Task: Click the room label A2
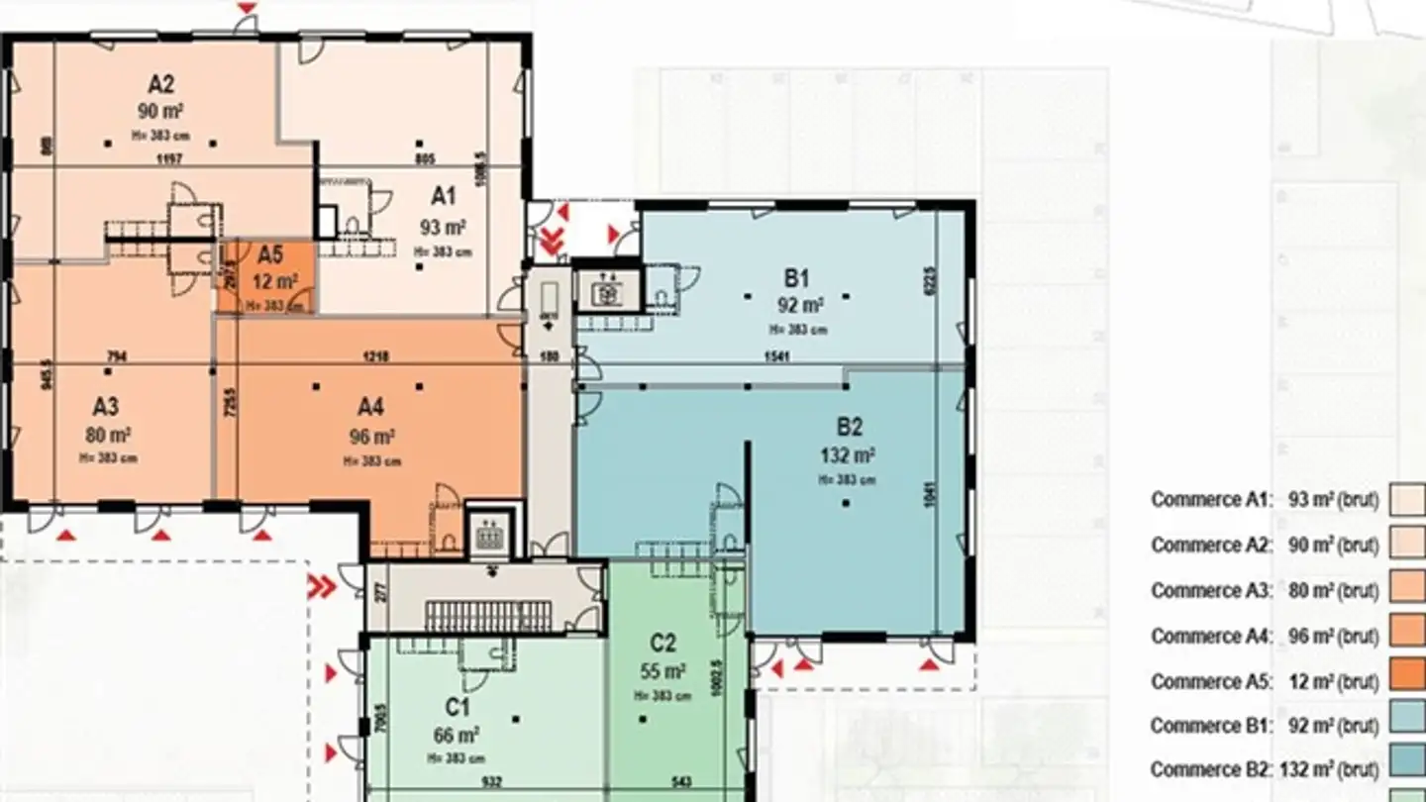point(161,85)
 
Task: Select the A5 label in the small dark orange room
point(270,255)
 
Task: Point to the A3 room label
point(106,407)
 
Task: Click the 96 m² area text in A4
point(372,437)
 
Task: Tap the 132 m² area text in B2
point(849,456)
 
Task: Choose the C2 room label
point(662,645)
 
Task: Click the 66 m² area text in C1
point(457,735)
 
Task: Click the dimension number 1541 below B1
point(775,356)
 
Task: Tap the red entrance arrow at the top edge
point(248,8)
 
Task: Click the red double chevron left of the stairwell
point(322,587)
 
